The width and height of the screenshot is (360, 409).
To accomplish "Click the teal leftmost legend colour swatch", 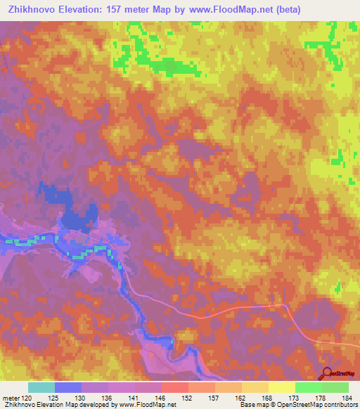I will [41, 387].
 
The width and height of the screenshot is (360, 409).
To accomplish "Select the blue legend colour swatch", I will [67, 387].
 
